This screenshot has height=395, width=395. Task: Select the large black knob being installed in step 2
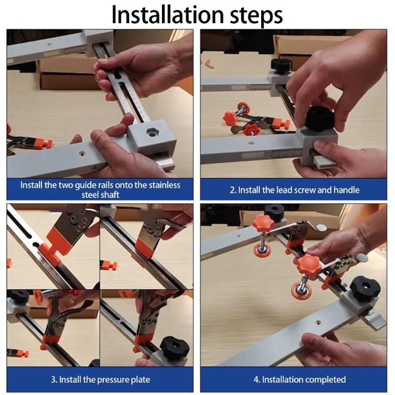click(x=320, y=119)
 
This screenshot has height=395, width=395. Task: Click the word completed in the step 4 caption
click(x=325, y=380)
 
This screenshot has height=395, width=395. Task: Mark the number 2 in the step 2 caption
click(x=232, y=190)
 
